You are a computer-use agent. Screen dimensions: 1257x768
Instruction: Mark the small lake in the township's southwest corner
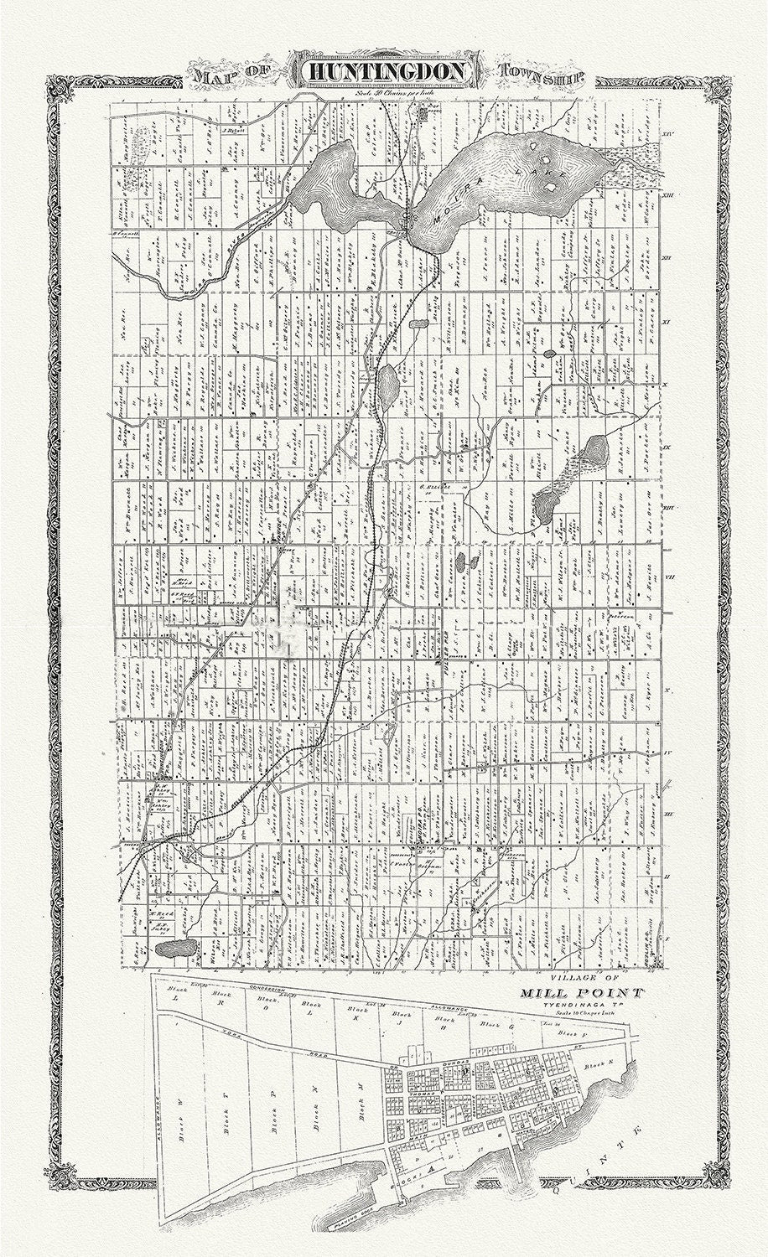point(173,949)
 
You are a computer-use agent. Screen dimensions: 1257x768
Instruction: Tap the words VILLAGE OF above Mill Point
point(582,979)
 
